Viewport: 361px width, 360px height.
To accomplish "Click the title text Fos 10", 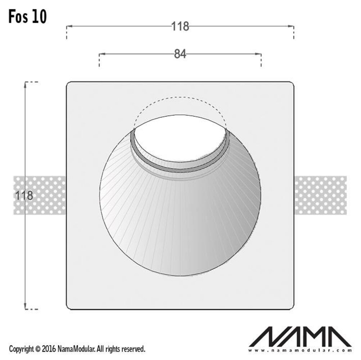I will point(28,17).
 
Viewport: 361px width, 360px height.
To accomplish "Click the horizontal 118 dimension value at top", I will point(180,26).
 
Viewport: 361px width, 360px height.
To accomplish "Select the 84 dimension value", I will point(180,54).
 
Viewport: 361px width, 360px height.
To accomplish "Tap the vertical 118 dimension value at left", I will point(24,196).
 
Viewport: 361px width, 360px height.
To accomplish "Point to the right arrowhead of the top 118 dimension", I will point(292,26).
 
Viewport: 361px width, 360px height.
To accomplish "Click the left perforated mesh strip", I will point(40,195).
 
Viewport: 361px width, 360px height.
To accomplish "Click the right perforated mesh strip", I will point(320,195).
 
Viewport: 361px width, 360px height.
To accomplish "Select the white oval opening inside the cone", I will point(180,140).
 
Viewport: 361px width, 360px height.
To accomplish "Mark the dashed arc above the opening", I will point(180,97).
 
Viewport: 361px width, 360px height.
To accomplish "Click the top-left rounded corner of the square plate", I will point(68,84).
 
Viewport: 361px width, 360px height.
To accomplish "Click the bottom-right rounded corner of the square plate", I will point(293,307).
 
